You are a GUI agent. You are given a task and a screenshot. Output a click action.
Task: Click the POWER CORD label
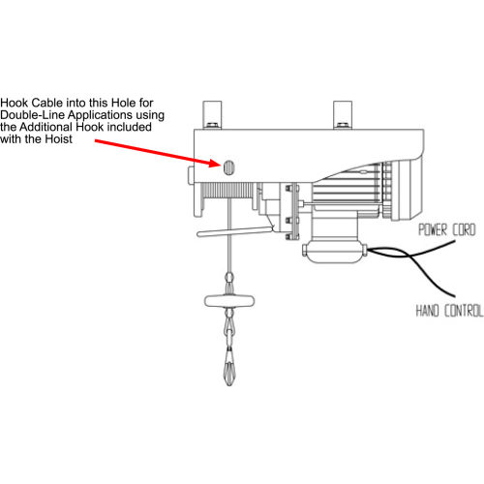coord(447,229)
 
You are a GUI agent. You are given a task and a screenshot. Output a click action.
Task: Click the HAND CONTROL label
coord(449,311)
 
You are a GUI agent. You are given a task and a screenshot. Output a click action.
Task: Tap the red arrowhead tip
coord(221,165)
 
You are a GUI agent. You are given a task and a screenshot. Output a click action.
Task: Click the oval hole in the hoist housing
coord(228,167)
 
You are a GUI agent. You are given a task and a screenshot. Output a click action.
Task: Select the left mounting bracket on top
coord(212,114)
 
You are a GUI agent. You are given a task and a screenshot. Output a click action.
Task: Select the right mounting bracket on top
coord(343,114)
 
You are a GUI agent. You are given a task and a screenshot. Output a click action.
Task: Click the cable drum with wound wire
coord(228,191)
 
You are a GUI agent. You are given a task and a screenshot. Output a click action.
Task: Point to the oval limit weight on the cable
coord(229,301)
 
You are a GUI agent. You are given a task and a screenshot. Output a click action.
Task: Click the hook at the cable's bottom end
coord(229,368)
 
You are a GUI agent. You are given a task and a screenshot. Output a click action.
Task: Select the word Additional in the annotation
coord(46,127)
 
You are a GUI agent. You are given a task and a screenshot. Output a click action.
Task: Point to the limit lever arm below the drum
coord(235,231)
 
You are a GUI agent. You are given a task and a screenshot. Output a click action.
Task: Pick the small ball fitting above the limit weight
coord(229,277)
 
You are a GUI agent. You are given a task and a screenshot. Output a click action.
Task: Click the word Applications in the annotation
coord(101,115)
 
